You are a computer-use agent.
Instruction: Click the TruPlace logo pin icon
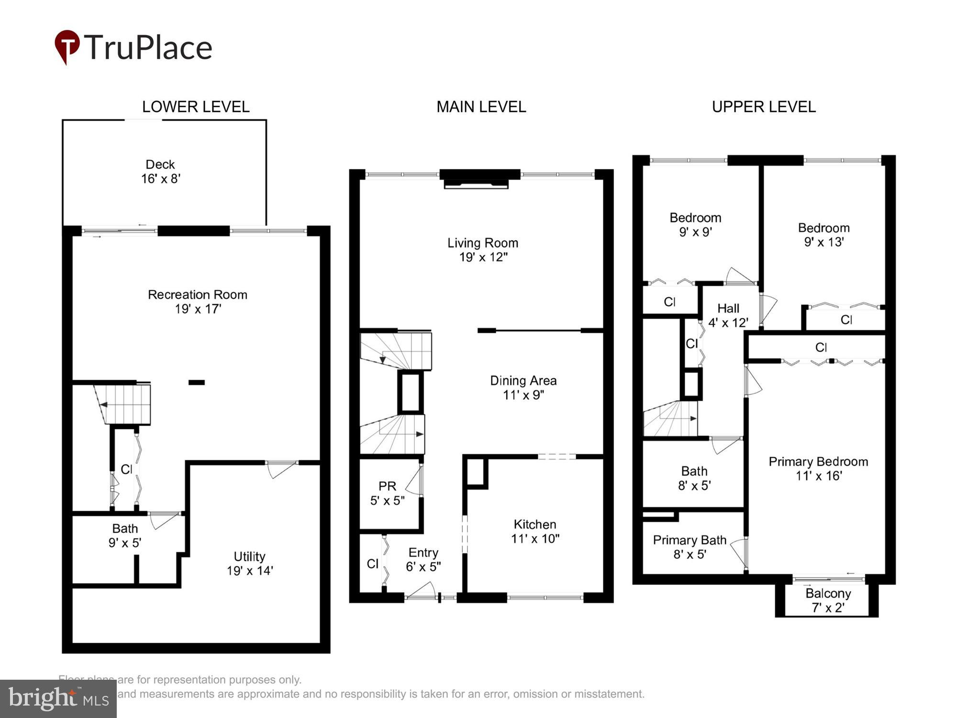[67, 46]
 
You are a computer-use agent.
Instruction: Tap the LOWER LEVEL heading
[196, 107]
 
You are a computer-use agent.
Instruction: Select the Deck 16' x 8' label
[160, 171]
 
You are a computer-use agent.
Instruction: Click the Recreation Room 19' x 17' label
[197, 302]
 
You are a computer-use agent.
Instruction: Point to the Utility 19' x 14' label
[249, 563]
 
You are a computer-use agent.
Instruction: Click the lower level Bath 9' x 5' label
[124, 535]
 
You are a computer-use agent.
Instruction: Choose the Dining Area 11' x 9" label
[523, 388]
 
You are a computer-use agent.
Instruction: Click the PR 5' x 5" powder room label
[387, 493]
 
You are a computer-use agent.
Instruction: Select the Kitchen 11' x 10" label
[534, 531]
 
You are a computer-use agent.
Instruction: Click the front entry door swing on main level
[422, 591]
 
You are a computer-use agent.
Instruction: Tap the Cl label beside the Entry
[372, 564]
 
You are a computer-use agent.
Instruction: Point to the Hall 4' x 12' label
[728, 315]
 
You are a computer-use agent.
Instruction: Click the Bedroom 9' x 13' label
[823, 235]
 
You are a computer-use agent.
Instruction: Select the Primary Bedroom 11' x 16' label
[818, 469]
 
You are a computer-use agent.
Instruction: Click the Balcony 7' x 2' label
[828, 600]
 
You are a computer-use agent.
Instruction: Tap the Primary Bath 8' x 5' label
[690, 547]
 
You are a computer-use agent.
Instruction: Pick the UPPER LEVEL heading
[764, 107]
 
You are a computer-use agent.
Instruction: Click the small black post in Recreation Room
[197, 382]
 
